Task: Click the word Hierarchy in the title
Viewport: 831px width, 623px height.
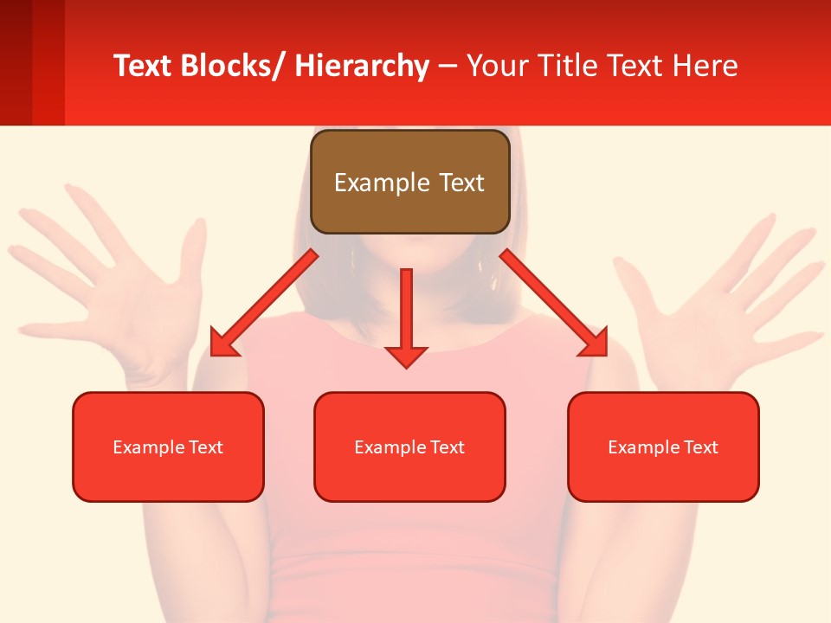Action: click(x=362, y=66)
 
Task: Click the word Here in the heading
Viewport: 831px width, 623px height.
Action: click(x=705, y=66)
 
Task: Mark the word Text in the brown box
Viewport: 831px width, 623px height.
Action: click(x=461, y=183)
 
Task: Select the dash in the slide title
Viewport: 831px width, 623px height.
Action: click(x=448, y=67)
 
